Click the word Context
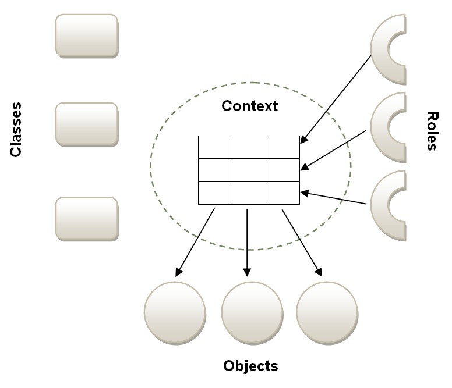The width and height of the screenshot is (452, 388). click(250, 106)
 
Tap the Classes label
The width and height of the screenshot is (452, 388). click(16, 130)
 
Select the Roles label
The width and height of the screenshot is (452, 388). click(431, 131)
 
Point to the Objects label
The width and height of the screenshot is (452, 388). click(250, 366)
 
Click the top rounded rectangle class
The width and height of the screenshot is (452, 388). click(87, 35)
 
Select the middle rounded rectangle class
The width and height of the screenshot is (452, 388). click(87, 123)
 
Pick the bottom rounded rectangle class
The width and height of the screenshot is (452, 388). click(87, 218)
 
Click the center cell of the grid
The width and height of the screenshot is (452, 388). click(249, 170)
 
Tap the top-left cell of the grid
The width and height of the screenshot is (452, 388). click(215, 147)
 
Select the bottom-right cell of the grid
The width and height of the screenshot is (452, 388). click(283, 193)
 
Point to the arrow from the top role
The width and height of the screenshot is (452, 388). click(336, 99)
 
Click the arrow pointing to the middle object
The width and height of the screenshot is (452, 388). click(247, 242)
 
